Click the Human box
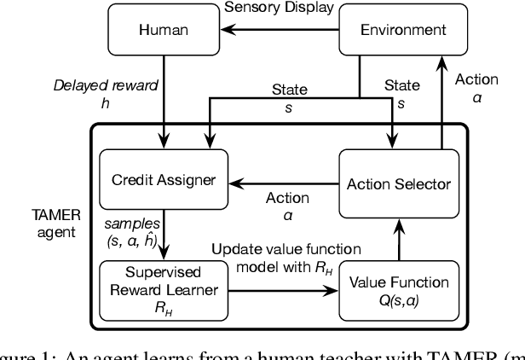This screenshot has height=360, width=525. coord(162,31)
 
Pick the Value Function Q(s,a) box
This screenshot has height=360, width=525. coord(394,289)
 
